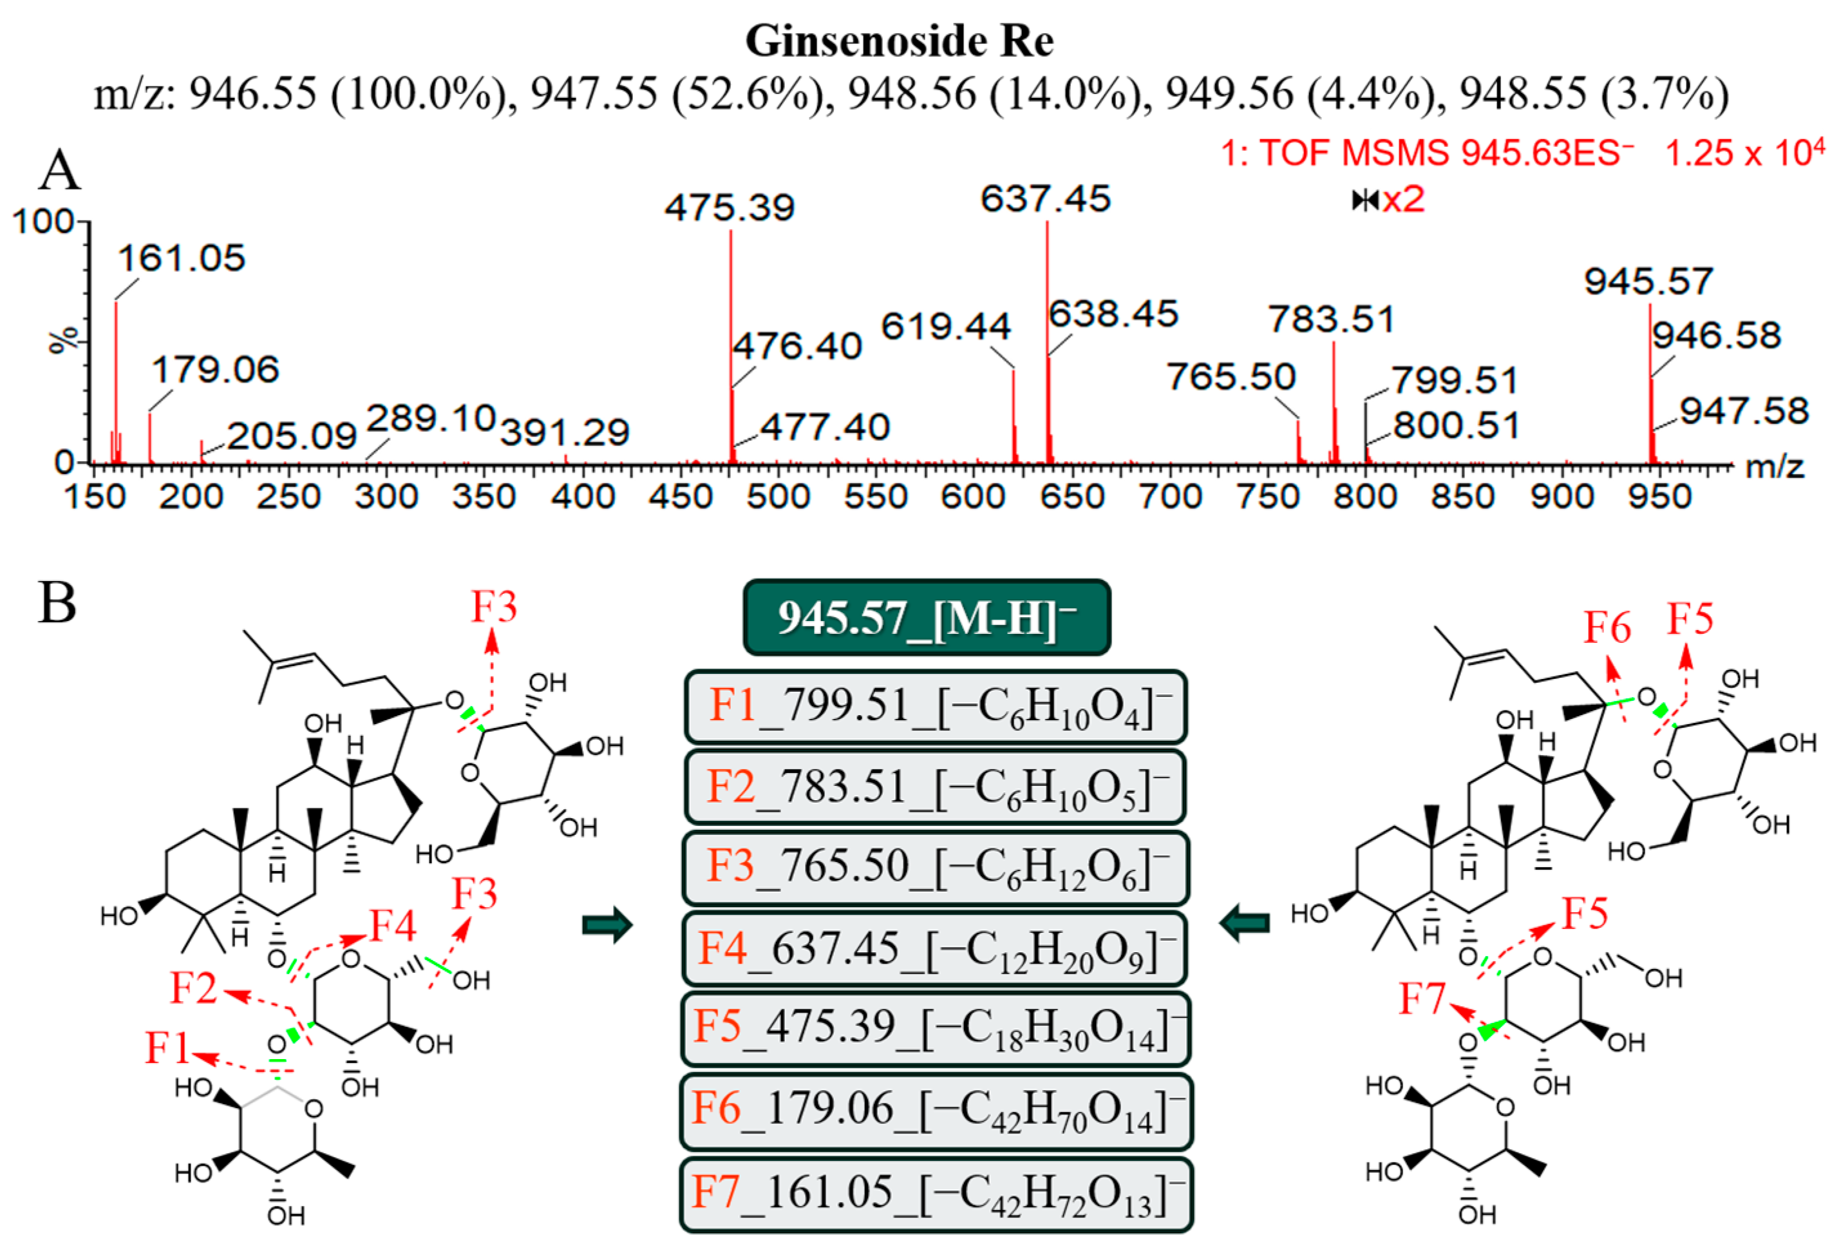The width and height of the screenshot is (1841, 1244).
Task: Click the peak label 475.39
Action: (729, 208)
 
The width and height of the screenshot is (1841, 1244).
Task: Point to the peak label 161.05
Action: (182, 259)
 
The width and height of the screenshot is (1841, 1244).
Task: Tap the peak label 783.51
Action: (1331, 320)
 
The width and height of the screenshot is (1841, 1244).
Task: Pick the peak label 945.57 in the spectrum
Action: (1648, 282)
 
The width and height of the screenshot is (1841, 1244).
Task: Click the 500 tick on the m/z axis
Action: (778, 497)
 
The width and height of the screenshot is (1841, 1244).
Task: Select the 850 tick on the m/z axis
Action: (1462, 497)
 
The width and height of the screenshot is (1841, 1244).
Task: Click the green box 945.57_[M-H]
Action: (926, 618)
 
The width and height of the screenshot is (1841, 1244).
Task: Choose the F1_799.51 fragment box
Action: (935, 707)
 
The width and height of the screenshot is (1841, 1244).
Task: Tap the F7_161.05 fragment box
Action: (935, 1193)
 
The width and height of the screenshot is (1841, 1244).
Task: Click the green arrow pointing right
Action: (607, 924)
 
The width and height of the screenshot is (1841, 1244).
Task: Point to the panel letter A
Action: (59, 171)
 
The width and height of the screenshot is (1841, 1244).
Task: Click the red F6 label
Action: (1607, 628)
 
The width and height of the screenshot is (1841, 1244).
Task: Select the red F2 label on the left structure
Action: (193, 989)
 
